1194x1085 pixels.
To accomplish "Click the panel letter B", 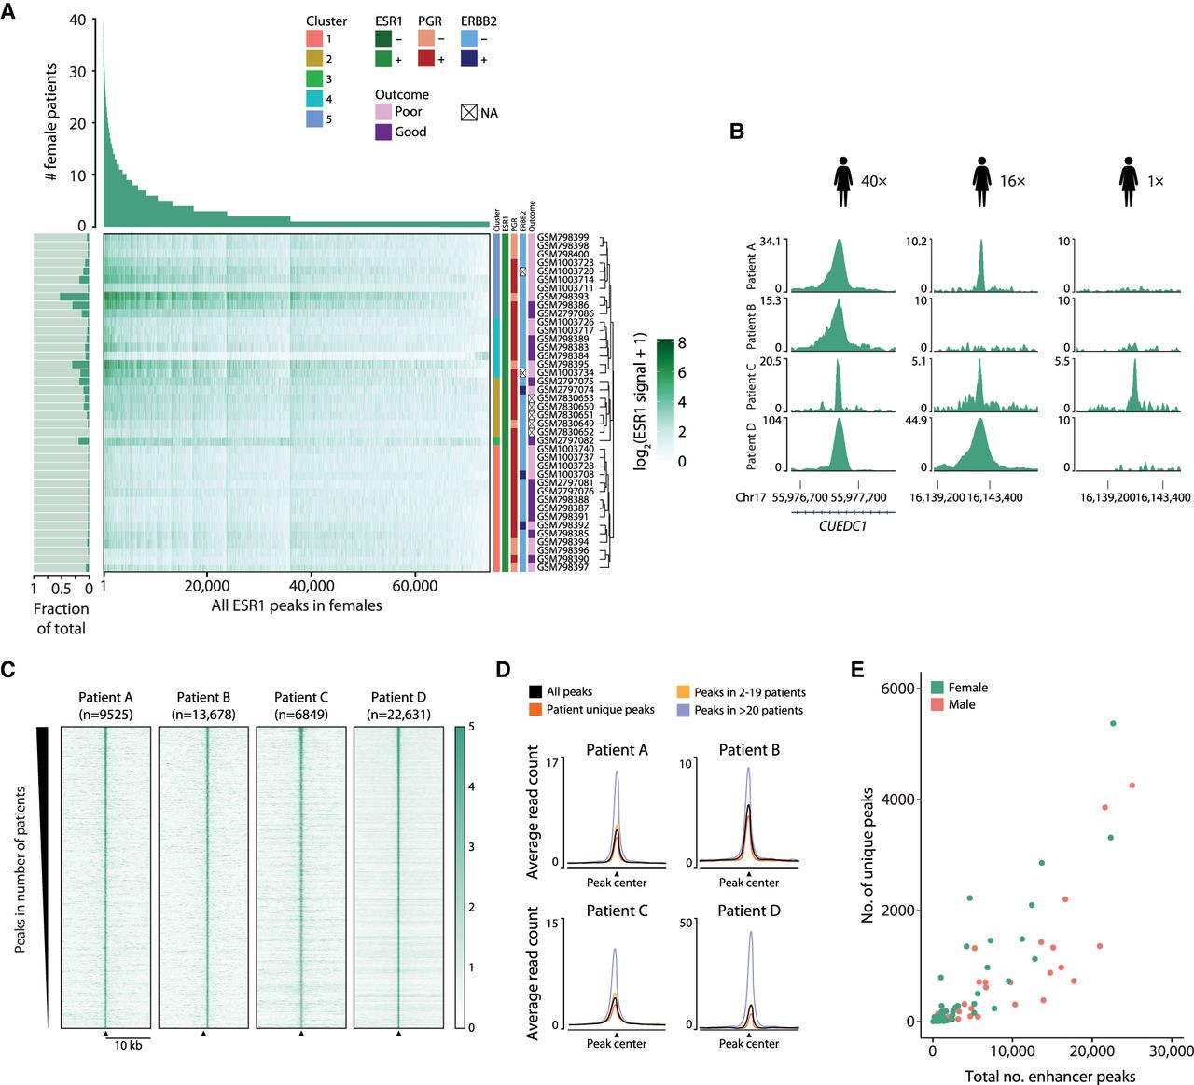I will click(x=737, y=132).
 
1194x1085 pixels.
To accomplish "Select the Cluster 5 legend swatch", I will click(x=314, y=118).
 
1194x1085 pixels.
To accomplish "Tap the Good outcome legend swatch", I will click(x=383, y=132).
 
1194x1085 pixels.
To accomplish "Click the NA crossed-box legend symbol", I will click(x=469, y=112).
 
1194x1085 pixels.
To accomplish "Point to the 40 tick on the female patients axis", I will click(x=77, y=20).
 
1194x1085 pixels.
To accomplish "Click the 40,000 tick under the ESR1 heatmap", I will click(x=312, y=586).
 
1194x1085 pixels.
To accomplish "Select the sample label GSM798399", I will click(x=562, y=238).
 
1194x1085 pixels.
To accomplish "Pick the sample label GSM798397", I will click(x=562, y=567).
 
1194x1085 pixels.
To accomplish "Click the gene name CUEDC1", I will click(x=842, y=526).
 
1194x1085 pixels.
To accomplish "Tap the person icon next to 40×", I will click(x=843, y=181).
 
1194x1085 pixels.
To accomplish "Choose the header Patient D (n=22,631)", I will click(x=398, y=705).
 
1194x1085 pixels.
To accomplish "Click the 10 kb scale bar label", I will click(x=128, y=1045).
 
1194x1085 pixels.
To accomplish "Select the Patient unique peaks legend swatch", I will click(x=535, y=710).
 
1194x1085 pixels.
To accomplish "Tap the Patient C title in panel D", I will click(x=617, y=911).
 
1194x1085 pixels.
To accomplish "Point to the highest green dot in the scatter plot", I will click(x=1113, y=723).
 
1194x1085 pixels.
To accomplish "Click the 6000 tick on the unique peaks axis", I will click(x=898, y=689).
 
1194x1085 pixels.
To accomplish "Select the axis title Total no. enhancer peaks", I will click(x=1049, y=1077).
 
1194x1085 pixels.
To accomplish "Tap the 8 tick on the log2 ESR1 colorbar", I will click(x=682, y=343).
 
